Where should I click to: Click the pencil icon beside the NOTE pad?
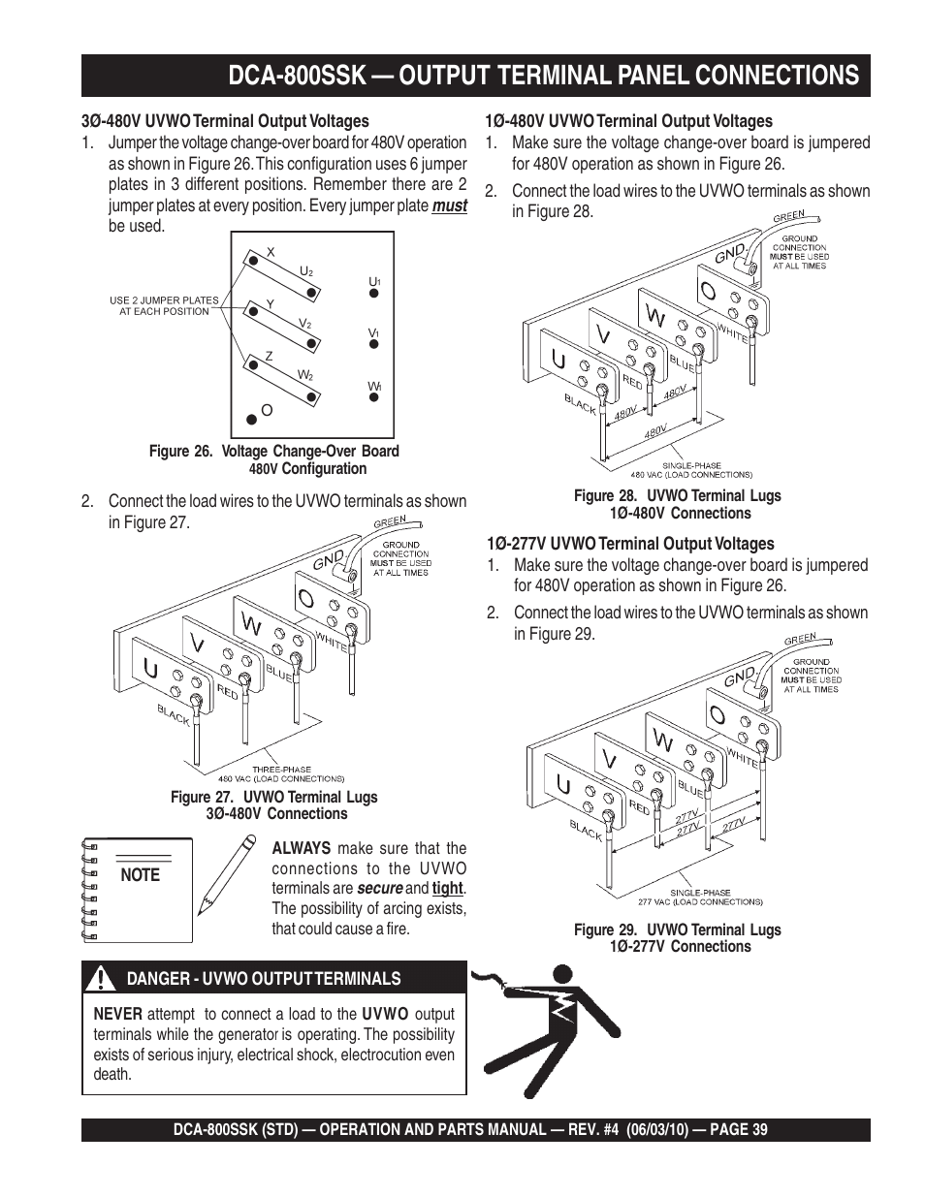(x=226, y=873)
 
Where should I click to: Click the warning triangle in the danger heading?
(x=101, y=979)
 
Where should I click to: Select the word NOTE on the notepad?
(x=142, y=875)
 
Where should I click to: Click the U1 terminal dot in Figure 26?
(x=373, y=292)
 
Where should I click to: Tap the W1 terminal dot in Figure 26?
(x=373, y=396)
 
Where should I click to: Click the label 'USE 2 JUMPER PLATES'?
(x=164, y=300)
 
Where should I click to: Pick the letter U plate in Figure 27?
(x=151, y=668)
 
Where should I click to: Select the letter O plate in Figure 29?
(x=718, y=715)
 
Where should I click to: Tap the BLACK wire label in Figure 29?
(x=586, y=830)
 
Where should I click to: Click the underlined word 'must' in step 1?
(x=449, y=205)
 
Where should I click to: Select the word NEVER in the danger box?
(x=117, y=1014)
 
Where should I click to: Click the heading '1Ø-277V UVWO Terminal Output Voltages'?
(x=629, y=544)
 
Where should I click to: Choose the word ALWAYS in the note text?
(x=301, y=848)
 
